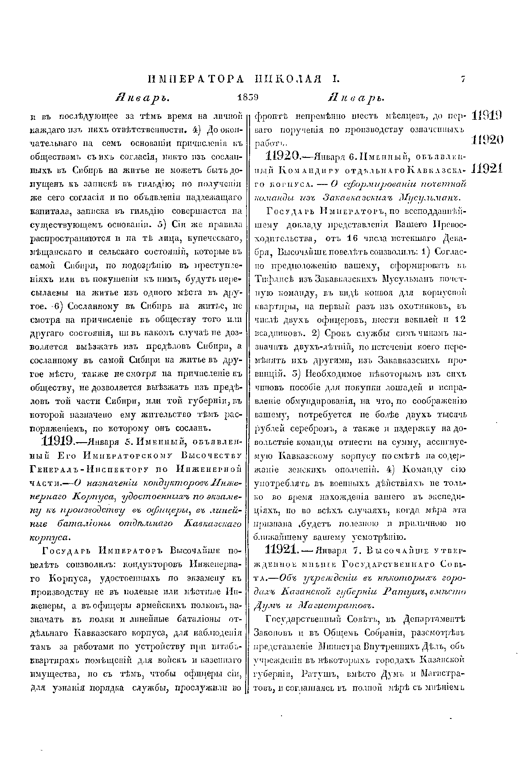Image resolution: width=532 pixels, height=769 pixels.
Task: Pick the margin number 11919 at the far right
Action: pos(486,117)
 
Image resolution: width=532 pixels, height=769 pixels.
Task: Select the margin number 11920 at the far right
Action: pos(486,140)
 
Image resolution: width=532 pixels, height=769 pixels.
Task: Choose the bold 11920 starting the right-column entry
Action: pos(282,156)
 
